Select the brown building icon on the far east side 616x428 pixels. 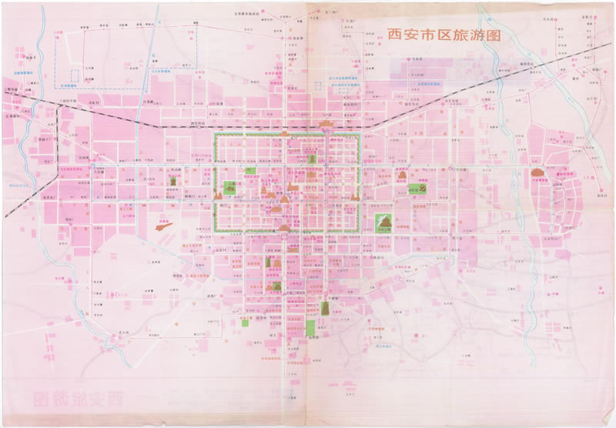coord(537,172)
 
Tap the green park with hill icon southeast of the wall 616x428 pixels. coord(385,223)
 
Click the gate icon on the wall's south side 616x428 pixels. coord(286,228)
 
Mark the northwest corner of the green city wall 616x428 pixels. coord(215,135)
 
